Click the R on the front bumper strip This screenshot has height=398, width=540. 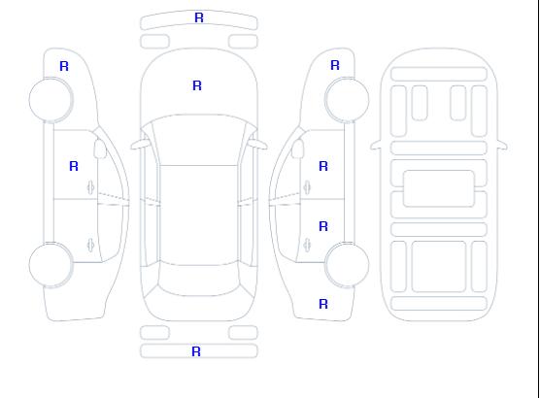pos(199,17)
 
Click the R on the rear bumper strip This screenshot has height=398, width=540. pos(196,351)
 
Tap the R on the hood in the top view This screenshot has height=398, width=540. pos(197,85)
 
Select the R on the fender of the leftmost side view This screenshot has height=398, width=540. pos(64,66)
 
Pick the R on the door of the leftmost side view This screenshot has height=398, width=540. pos(74,166)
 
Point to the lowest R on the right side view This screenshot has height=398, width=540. pos(323,304)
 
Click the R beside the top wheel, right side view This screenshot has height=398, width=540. pos(335,65)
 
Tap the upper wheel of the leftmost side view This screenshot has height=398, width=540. pos(51,100)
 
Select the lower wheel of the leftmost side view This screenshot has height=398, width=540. pos(51,265)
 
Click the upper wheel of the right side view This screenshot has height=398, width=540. pos(347,100)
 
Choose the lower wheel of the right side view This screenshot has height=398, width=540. pos(347,265)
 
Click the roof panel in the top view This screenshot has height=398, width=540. pos(199,216)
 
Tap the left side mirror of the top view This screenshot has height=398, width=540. pos(140,145)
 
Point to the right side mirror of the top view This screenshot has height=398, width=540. pos(258,145)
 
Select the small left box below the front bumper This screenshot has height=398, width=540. pos(154,42)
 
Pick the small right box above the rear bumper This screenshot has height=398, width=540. pos(243,333)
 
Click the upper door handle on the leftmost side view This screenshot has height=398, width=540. pos(91,187)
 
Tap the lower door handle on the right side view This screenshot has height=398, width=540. pos(307,246)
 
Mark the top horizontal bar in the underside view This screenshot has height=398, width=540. pos(439,75)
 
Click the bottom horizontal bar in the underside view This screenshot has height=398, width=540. pos(439,304)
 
